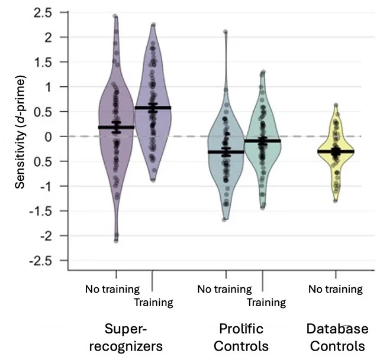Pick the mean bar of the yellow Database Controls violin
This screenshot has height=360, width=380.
(x=336, y=151)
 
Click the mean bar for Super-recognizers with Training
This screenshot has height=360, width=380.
(x=153, y=108)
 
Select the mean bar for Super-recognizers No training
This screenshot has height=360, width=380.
(x=116, y=127)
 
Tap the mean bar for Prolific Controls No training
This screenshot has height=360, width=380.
(x=226, y=152)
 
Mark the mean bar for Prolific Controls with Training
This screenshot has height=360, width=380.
(x=262, y=141)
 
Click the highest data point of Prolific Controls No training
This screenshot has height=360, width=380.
(x=225, y=32)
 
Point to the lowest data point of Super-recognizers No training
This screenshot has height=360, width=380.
(x=116, y=241)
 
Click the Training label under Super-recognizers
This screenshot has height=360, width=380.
(x=153, y=303)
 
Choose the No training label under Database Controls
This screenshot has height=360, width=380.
(x=336, y=289)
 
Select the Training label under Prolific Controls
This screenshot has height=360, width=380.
(x=266, y=303)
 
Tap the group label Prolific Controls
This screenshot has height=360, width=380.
(x=241, y=337)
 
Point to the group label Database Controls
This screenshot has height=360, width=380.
(x=337, y=337)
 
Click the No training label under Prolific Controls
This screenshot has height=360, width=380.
(x=224, y=289)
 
